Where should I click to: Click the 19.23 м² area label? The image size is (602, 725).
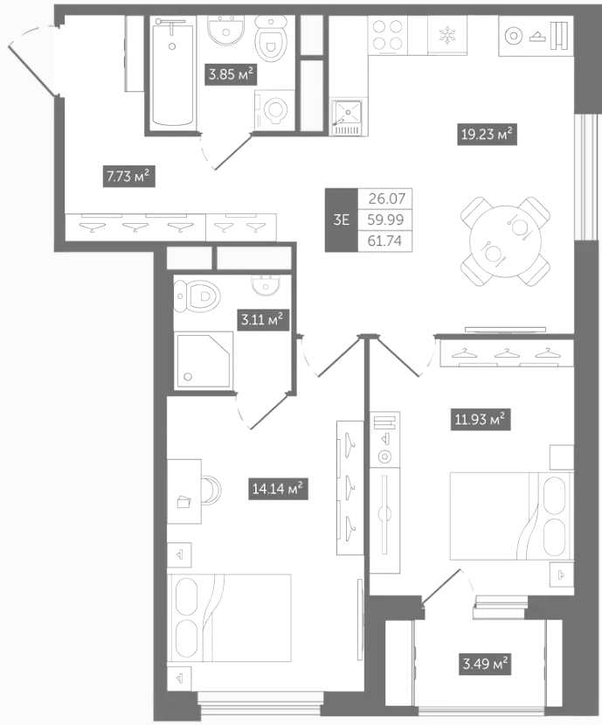click(x=487, y=135)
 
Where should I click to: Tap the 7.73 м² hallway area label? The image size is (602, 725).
click(x=129, y=176)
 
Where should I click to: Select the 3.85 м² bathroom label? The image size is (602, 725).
click(x=231, y=74)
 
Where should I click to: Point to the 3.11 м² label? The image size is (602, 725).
click(x=262, y=319)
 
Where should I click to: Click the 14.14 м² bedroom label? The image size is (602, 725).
click(x=278, y=489)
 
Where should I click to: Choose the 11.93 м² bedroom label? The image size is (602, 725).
click(x=481, y=420)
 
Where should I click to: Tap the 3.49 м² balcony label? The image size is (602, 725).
click(x=485, y=665)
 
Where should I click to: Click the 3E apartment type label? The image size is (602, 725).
click(x=342, y=220)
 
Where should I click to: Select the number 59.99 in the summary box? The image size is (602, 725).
click(x=385, y=220)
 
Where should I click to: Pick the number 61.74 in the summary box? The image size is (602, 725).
click(x=384, y=241)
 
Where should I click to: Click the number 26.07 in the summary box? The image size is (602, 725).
click(x=387, y=199)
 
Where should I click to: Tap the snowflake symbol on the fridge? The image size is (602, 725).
click(x=447, y=36)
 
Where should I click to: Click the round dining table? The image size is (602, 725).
click(x=505, y=241)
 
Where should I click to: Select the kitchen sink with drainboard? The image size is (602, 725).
click(x=349, y=117)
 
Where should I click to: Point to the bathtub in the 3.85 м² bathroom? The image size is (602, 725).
click(x=173, y=74)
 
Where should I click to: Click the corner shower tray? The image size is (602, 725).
click(x=204, y=359)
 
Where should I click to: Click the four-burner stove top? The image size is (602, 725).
click(x=388, y=35)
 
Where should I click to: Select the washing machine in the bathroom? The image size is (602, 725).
click(x=274, y=110)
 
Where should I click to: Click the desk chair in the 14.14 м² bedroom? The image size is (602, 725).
click(x=211, y=490)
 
